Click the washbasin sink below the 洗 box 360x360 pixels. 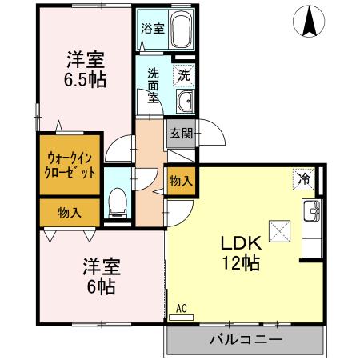point(185,101)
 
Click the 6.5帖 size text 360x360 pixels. point(85,80)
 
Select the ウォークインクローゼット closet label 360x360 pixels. point(71,165)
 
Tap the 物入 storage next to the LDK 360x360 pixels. point(180,181)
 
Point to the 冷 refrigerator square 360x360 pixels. point(304,178)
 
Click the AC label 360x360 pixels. point(182,307)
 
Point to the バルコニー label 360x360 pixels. point(245,339)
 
